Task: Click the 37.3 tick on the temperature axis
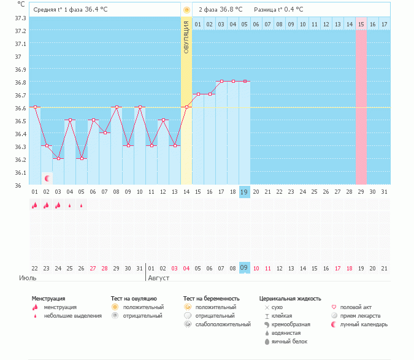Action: (x=20, y=18)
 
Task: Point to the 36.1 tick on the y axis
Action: (x=20, y=172)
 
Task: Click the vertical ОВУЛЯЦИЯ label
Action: (x=186, y=37)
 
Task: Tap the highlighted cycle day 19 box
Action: (x=243, y=192)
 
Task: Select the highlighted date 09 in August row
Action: (x=243, y=268)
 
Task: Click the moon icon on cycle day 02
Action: (x=47, y=178)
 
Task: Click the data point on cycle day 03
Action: (x=58, y=158)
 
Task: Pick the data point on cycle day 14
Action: (x=186, y=107)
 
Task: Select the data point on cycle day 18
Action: (x=233, y=81)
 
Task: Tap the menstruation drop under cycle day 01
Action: (x=34, y=206)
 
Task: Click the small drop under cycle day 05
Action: (x=82, y=206)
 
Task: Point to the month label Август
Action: (x=158, y=278)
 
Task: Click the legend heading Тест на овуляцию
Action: (x=134, y=298)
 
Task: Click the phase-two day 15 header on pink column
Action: (x=361, y=24)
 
